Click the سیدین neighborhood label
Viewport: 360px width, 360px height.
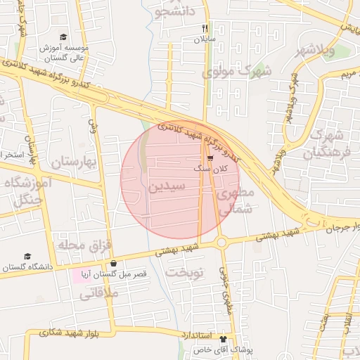click(x=167, y=188)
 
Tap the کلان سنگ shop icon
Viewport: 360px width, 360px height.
click(x=210, y=159)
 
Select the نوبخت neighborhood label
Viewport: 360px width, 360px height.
click(x=184, y=273)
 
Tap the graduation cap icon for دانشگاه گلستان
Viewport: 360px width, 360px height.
click(x=27, y=257)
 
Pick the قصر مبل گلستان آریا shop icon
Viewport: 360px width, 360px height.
click(x=113, y=263)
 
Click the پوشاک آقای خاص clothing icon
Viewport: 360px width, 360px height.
click(x=225, y=338)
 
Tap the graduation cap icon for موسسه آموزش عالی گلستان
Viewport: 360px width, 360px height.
click(x=63, y=37)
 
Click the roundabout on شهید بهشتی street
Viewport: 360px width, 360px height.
click(x=221, y=243)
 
